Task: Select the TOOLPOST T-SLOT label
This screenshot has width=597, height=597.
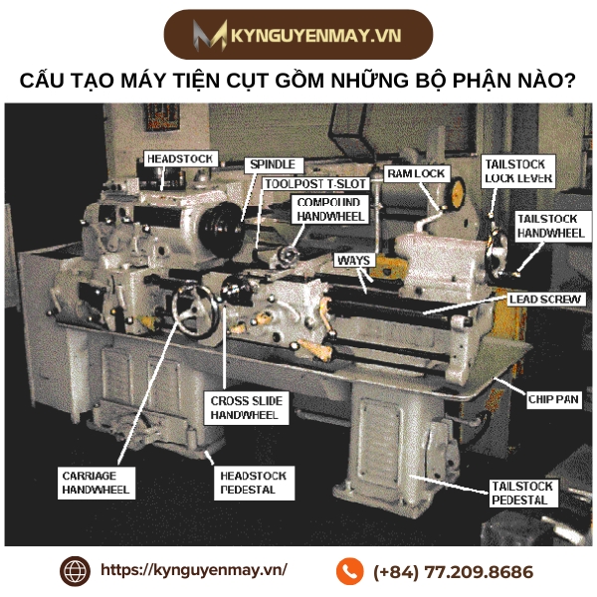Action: tap(314, 184)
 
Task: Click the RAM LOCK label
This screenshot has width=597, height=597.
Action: tap(416, 174)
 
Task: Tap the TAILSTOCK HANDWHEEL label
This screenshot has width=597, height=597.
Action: tap(549, 226)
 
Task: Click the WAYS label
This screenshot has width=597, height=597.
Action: tap(355, 260)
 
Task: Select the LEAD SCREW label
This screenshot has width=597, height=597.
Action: tap(544, 298)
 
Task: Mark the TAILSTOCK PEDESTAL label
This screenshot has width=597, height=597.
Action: tap(518, 494)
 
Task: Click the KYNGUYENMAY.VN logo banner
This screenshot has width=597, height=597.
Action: tap(298, 36)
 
